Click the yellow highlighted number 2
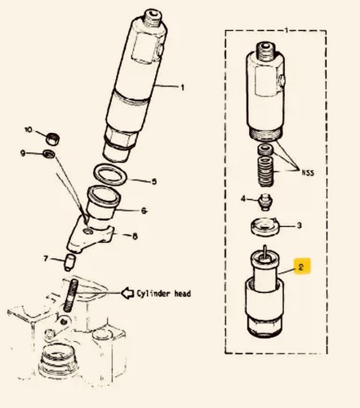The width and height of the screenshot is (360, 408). click(301, 267)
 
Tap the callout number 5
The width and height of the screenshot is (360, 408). click(154, 181)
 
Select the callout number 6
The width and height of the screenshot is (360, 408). click(144, 211)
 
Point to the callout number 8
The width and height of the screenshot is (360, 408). click(135, 237)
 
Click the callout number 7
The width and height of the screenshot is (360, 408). click(46, 259)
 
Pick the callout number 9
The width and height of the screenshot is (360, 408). click(23, 153)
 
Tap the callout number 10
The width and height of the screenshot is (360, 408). click(29, 130)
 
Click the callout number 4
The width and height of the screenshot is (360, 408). click(243, 199)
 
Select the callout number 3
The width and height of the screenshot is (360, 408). click(299, 225)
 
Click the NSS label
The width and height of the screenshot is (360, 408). click(308, 173)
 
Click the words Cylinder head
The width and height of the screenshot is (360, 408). click(163, 294)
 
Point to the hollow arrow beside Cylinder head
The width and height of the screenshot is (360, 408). click(127, 293)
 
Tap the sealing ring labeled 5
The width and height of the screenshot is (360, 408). click(110, 175)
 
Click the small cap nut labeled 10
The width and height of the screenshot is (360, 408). click(53, 139)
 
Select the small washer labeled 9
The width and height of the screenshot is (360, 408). click(49, 154)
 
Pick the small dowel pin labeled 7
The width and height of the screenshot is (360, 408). click(71, 262)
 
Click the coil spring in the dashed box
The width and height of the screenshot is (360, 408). click(266, 171)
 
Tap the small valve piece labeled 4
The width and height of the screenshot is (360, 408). click(265, 202)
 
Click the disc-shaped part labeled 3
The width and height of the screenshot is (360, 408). click(265, 226)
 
